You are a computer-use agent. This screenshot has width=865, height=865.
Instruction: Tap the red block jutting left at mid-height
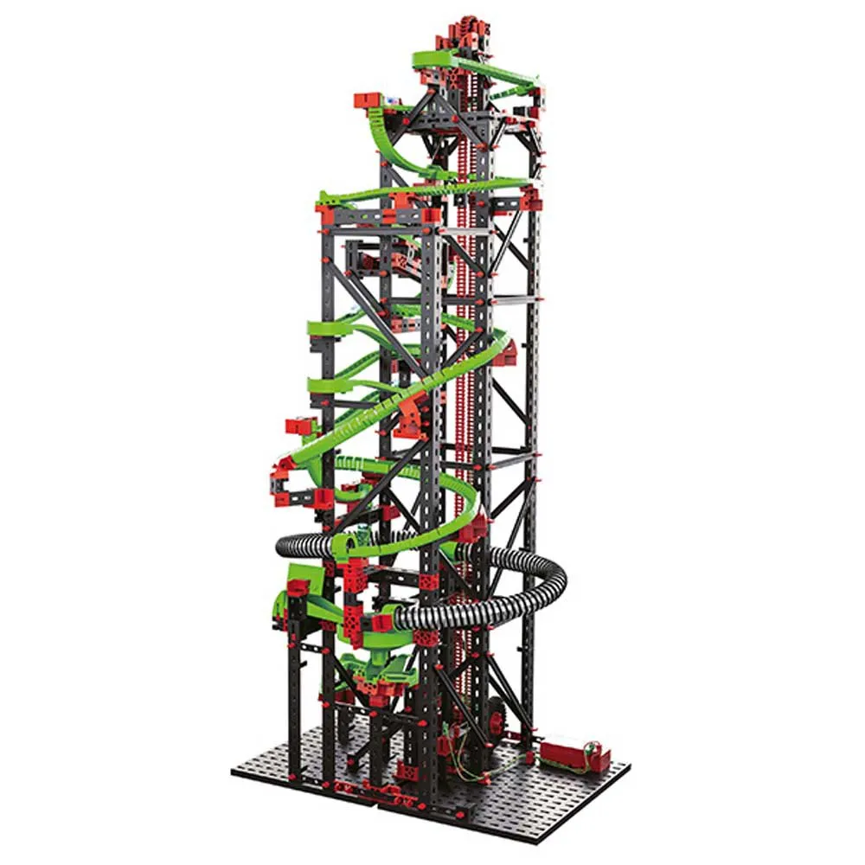click(300, 426)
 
